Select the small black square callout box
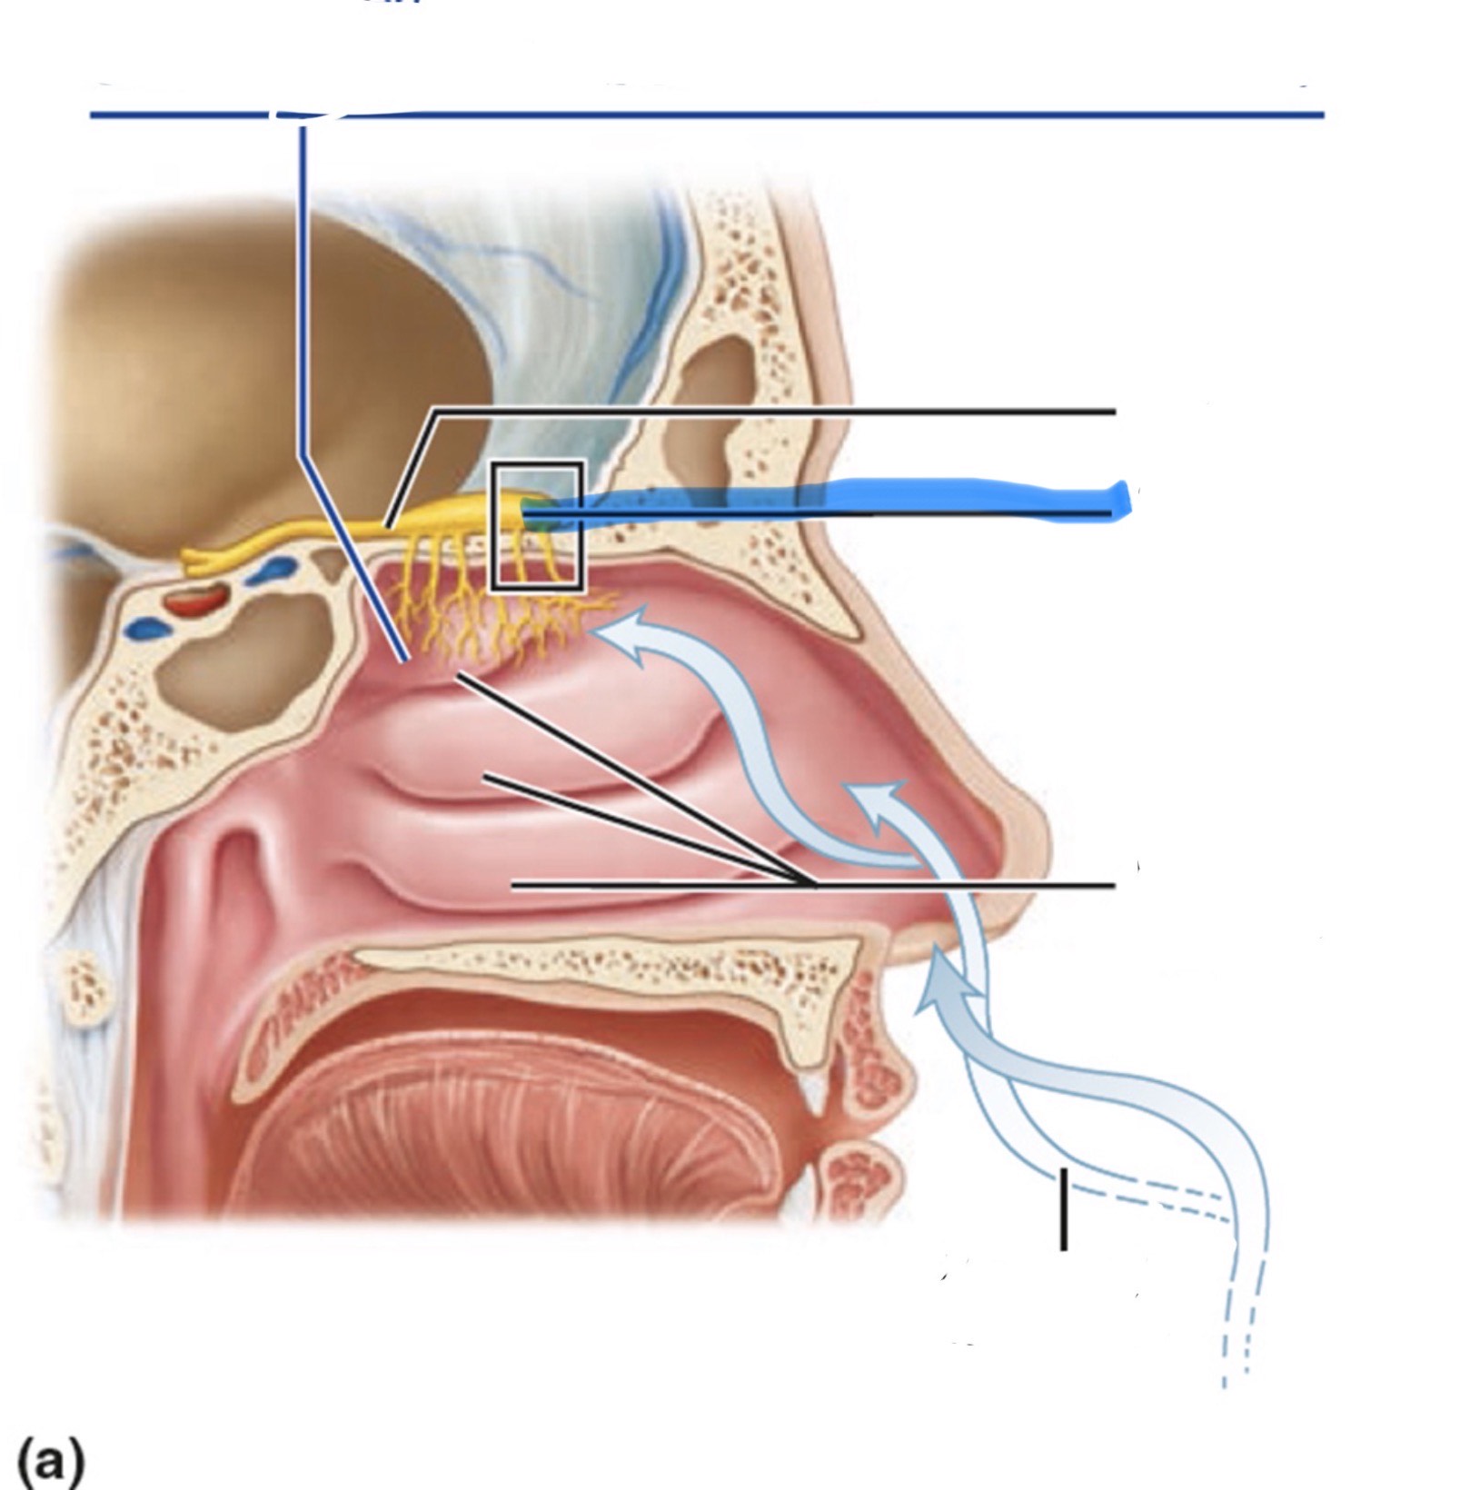(x=536, y=527)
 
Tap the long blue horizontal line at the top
(x=818, y=115)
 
